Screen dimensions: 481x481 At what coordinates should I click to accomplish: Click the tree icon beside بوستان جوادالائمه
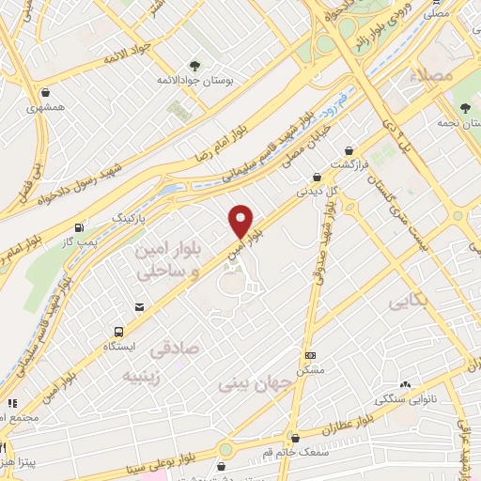(194, 66)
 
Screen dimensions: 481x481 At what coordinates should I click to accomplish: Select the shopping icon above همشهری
(48, 92)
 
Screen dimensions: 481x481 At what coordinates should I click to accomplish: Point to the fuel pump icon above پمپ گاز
(78, 228)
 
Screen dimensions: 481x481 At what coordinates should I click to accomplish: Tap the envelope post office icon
(140, 307)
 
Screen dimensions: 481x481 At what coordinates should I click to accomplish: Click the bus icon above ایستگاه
(118, 332)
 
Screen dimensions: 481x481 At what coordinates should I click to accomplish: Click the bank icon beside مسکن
(311, 355)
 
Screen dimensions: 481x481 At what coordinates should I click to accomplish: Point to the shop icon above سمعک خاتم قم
(296, 437)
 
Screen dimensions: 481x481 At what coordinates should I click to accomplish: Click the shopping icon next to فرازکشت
(349, 150)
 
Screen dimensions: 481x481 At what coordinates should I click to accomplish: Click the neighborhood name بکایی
(407, 301)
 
